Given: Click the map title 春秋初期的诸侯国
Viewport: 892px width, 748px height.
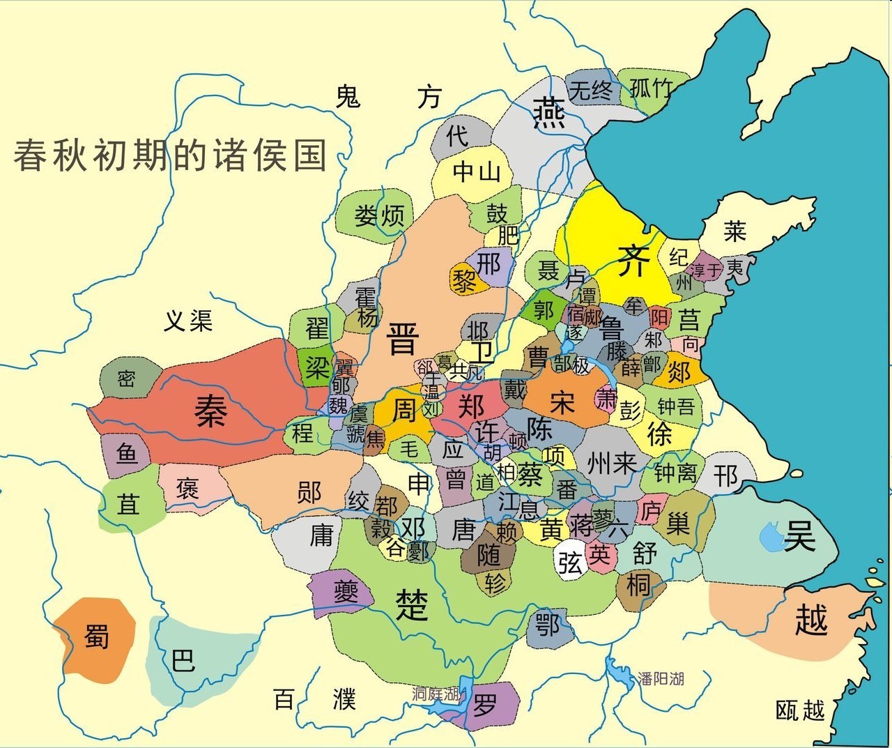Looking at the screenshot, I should pos(170,155).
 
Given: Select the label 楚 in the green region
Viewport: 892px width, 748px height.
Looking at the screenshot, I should pos(412,604).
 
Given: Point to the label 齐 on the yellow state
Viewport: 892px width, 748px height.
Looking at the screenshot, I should pos(634,260).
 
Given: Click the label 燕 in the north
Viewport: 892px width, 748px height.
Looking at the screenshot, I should pos(549,113).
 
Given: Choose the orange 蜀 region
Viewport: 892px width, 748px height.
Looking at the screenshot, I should pos(96,636).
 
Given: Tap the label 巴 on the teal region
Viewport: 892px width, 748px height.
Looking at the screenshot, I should pos(183,659).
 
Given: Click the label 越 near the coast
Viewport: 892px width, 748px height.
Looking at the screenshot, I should pos(811,619).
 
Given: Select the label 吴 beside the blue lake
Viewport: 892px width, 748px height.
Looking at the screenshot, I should pos(799,535).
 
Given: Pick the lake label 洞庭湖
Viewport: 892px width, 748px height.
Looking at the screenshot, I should pos(436,693).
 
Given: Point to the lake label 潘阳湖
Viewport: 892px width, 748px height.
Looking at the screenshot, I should pos(661,678).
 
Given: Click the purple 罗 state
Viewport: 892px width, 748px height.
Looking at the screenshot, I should pos(486,707).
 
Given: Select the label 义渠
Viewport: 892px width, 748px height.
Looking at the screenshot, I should pos(188,321).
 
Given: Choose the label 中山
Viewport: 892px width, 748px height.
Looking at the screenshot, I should pos(477,171).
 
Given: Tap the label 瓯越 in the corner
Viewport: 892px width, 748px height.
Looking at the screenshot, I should pos(800,710).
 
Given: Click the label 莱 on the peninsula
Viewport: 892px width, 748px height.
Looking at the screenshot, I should pos(735,231).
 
